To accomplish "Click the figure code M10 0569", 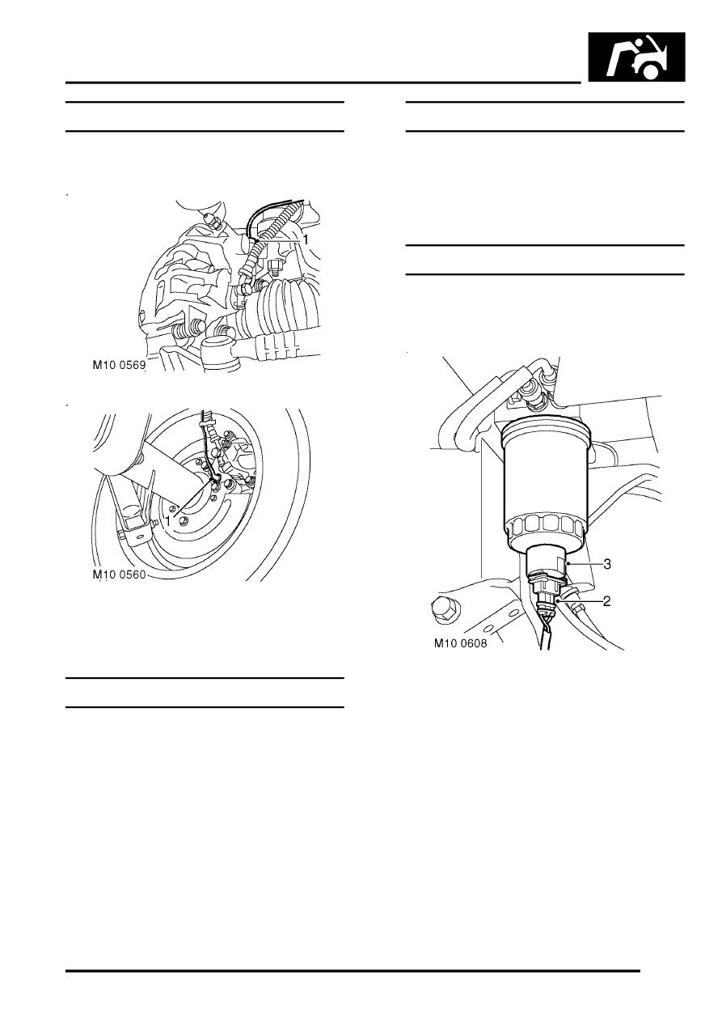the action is (119, 365).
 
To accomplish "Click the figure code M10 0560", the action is (120, 575).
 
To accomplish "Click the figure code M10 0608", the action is (460, 643).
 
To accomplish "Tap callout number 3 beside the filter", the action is (607, 564).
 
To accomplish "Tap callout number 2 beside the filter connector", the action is (606, 601).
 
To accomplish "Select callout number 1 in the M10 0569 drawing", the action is (306, 239).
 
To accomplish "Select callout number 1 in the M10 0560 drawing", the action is (168, 520).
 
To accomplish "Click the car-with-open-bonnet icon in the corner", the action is (636, 57).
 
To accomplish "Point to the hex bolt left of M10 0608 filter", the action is (445, 607).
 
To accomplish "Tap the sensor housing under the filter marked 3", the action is (547, 562).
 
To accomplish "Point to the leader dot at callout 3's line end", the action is (568, 564).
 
